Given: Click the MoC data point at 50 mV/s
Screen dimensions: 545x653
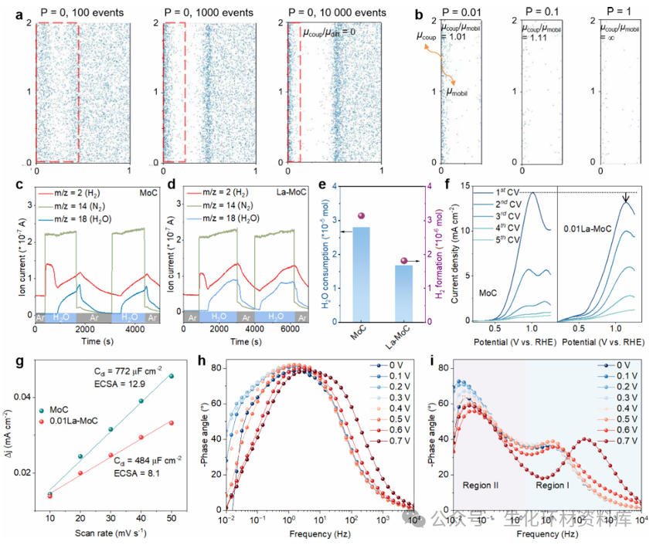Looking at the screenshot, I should click(x=172, y=376).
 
